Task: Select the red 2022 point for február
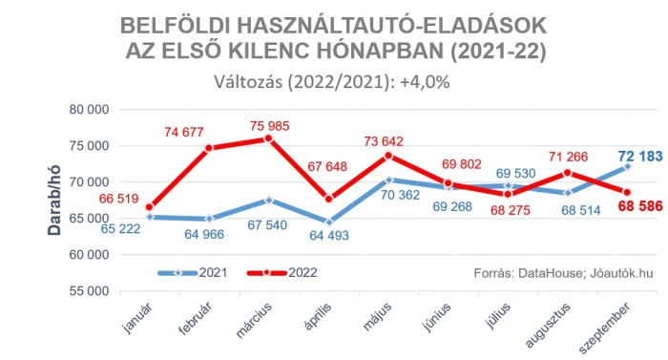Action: (209, 148)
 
